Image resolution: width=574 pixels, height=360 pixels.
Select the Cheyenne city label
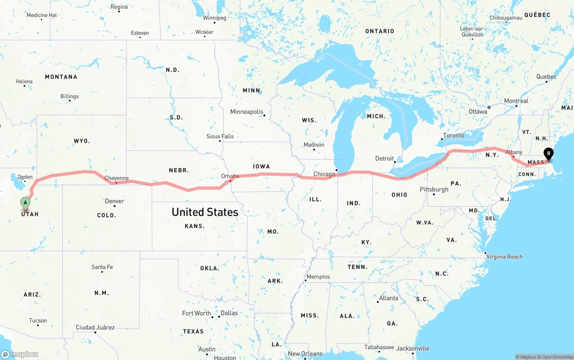(117, 178)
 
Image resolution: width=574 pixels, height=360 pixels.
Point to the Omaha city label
(230, 176)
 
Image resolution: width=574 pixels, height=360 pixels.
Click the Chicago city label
(324, 174)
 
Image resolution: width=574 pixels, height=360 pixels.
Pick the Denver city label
(114, 201)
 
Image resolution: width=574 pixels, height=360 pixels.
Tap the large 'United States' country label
(205, 212)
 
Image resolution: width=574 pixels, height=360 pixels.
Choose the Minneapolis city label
(247, 112)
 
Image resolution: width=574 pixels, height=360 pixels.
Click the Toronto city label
(454, 135)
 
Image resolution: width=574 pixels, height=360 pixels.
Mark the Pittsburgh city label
(434, 189)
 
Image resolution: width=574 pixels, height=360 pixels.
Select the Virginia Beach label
(504, 257)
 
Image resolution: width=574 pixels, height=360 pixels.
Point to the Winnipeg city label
(214, 18)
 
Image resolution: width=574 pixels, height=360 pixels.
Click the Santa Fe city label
(102, 267)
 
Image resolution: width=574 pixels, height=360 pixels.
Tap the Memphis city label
(318, 277)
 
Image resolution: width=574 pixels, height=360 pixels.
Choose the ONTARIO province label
(379, 31)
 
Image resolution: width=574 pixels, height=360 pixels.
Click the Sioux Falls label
(220, 136)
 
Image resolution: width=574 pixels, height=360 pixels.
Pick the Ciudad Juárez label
(95, 327)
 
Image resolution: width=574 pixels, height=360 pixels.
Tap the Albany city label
(514, 152)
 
